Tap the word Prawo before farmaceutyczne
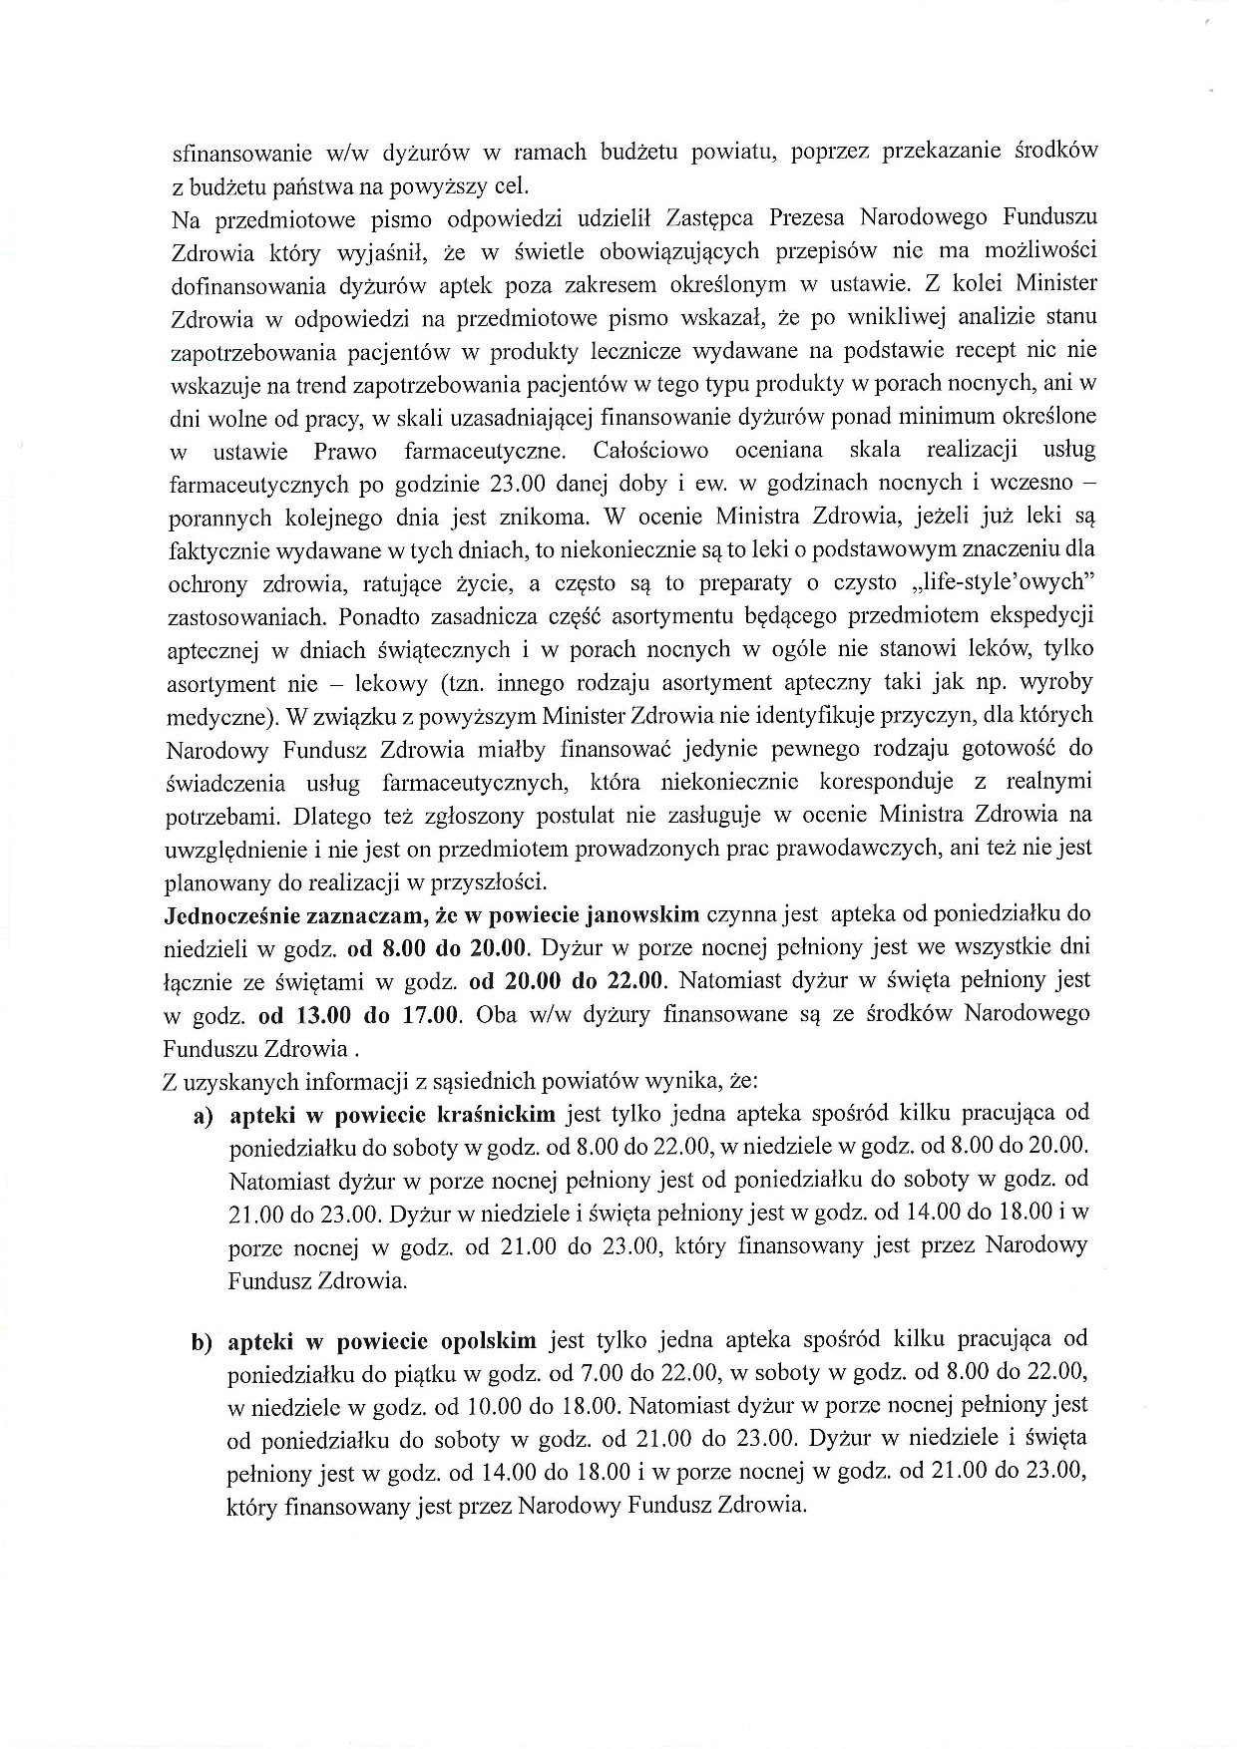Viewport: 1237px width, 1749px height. coord(345,451)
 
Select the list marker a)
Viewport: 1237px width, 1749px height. coord(204,1115)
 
